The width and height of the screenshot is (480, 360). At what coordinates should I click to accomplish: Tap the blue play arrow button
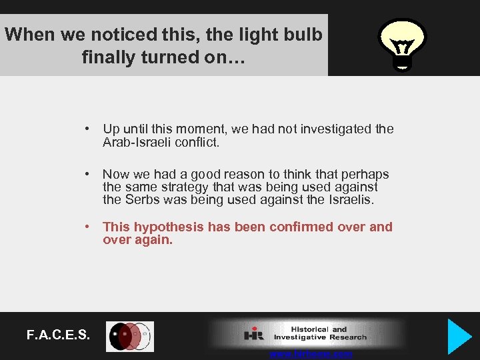coord(459,336)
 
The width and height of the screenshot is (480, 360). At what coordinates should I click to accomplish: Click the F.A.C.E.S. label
coord(59,335)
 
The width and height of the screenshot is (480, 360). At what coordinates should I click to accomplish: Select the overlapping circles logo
coord(130,337)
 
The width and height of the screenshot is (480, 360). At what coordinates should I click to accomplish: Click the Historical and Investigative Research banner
coord(307,333)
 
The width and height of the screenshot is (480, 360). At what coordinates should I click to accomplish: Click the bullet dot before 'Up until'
coord(87,129)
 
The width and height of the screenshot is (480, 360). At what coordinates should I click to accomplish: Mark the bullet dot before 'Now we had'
coord(87,174)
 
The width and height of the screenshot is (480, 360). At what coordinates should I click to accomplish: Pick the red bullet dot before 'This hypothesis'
coord(87,227)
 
